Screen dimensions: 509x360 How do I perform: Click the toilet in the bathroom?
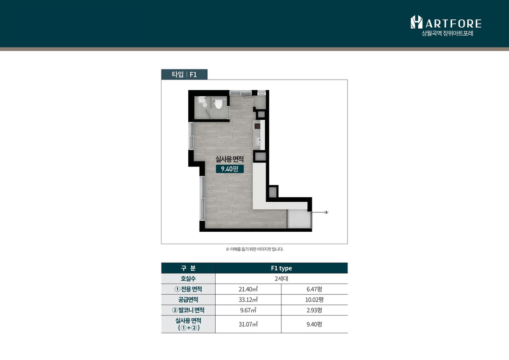click(x=218, y=104)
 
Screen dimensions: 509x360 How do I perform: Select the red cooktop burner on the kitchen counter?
click(x=257, y=126)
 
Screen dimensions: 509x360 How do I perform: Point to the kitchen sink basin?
click(x=258, y=141)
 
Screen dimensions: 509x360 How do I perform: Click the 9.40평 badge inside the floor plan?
click(x=230, y=169)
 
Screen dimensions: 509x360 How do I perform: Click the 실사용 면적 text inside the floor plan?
click(x=230, y=159)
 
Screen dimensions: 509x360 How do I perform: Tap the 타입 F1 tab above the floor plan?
click(x=184, y=74)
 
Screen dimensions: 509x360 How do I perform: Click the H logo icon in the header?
click(x=416, y=22)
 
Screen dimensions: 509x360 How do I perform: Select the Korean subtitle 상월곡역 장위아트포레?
click(x=447, y=33)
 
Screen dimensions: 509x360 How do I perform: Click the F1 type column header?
click(x=281, y=268)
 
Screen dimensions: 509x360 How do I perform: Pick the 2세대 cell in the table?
click(x=281, y=279)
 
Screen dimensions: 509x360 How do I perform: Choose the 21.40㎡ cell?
click(x=248, y=289)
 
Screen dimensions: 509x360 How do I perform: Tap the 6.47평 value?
click(x=314, y=289)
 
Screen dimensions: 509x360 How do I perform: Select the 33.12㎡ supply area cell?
click(x=248, y=300)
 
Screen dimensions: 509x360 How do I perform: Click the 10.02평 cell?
click(x=314, y=300)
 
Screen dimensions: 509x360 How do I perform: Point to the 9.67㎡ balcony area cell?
click(x=248, y=310)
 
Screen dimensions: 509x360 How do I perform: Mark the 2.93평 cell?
click(x=314, y=310)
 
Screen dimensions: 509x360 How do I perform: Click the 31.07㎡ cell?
click(x=248, y=324)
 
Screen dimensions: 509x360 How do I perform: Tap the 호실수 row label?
click(x=188, y=279)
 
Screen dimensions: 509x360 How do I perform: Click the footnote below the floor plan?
click(x=254, y=249)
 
